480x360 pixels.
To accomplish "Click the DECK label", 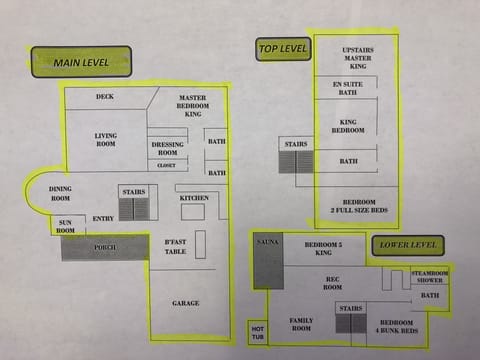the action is (105, 97).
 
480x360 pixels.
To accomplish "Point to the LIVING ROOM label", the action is (106, 140).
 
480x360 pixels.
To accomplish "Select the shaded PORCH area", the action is (105, 247).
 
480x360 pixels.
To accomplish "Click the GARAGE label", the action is (185, 303).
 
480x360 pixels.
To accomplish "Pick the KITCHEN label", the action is (193, 198).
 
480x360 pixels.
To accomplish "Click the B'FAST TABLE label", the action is (176, 246).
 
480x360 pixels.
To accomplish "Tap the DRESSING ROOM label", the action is (167, 148).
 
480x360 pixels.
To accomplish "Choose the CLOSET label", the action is (166, 165).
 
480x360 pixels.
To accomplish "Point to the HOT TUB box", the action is (256, 331).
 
